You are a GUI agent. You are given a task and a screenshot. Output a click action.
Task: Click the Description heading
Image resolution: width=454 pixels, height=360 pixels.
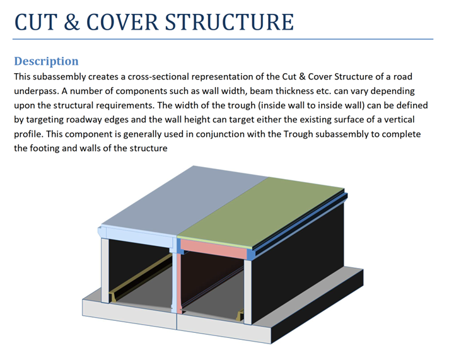click(x=46, y=61)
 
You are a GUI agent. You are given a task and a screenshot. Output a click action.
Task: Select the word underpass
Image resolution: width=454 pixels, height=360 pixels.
click(x=35, y=91)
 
